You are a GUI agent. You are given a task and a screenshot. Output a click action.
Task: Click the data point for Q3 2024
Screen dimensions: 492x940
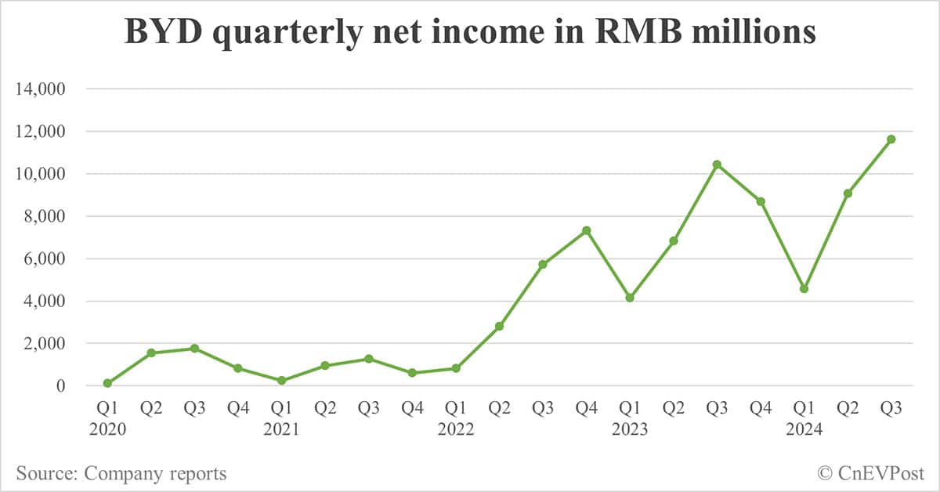coord(891,139)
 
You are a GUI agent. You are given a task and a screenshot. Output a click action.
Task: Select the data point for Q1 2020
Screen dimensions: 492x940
coord(107,383)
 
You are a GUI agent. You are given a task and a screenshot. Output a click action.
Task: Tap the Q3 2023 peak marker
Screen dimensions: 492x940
coord(717,165)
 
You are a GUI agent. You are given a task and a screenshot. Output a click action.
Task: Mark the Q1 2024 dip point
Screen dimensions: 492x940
coord(804,288)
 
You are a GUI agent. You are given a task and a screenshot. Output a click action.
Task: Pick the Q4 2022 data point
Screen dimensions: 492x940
coord(586,230)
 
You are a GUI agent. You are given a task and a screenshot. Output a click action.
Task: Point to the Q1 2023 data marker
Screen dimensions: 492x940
coord(630,298)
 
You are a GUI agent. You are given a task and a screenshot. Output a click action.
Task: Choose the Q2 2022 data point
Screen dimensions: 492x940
coord(499,326)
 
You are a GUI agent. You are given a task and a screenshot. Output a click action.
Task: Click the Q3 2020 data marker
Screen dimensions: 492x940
coord(194,348)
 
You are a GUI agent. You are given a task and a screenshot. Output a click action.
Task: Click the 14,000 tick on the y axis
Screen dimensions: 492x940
coord(44,89)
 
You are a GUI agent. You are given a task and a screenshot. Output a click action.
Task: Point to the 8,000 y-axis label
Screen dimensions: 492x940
coord(49,216)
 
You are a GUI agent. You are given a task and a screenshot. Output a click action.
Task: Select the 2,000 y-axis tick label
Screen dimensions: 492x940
coord(49,343)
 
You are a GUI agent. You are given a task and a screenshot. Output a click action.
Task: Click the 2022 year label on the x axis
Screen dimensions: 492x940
coord(455,429)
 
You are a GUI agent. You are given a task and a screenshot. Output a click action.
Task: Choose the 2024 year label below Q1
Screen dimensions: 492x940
coord(804,429)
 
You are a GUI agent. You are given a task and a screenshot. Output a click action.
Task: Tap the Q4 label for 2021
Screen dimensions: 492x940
coord(412,407)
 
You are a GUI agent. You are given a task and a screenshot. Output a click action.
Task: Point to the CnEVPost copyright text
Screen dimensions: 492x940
coord(871,472)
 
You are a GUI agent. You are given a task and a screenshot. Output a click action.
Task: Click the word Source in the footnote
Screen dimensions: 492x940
coord(45,473)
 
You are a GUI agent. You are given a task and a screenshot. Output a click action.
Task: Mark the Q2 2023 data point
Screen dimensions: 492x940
coord(673,241)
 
